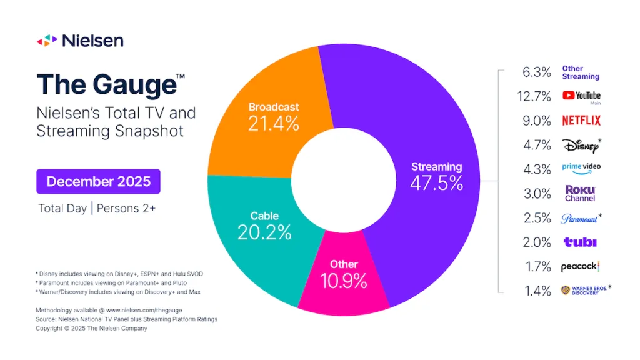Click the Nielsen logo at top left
[x=79, y=41]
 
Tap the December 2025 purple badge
[x=98, y=182]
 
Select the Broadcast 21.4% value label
[x=274, y=124]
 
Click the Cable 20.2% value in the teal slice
[x=264, y=232]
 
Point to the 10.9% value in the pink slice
[x=344, y=281]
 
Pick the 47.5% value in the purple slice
[x=436, y=183]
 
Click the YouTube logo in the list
[x=581, y=96]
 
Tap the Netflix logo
[x=581, y=121]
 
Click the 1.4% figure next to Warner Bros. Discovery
[x=537, y=291]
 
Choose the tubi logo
[x=579, y=242]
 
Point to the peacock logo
[x=580, y=267]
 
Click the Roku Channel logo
[x=580, y=193]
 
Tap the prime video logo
[x=581, y=169]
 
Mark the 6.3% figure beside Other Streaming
[x=537, y=72]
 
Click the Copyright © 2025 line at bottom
[x=91, y=328]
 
